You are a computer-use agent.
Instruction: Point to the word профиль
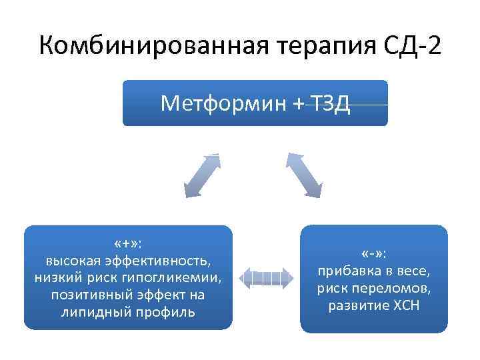pyautogui.click(x=170, y=312)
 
